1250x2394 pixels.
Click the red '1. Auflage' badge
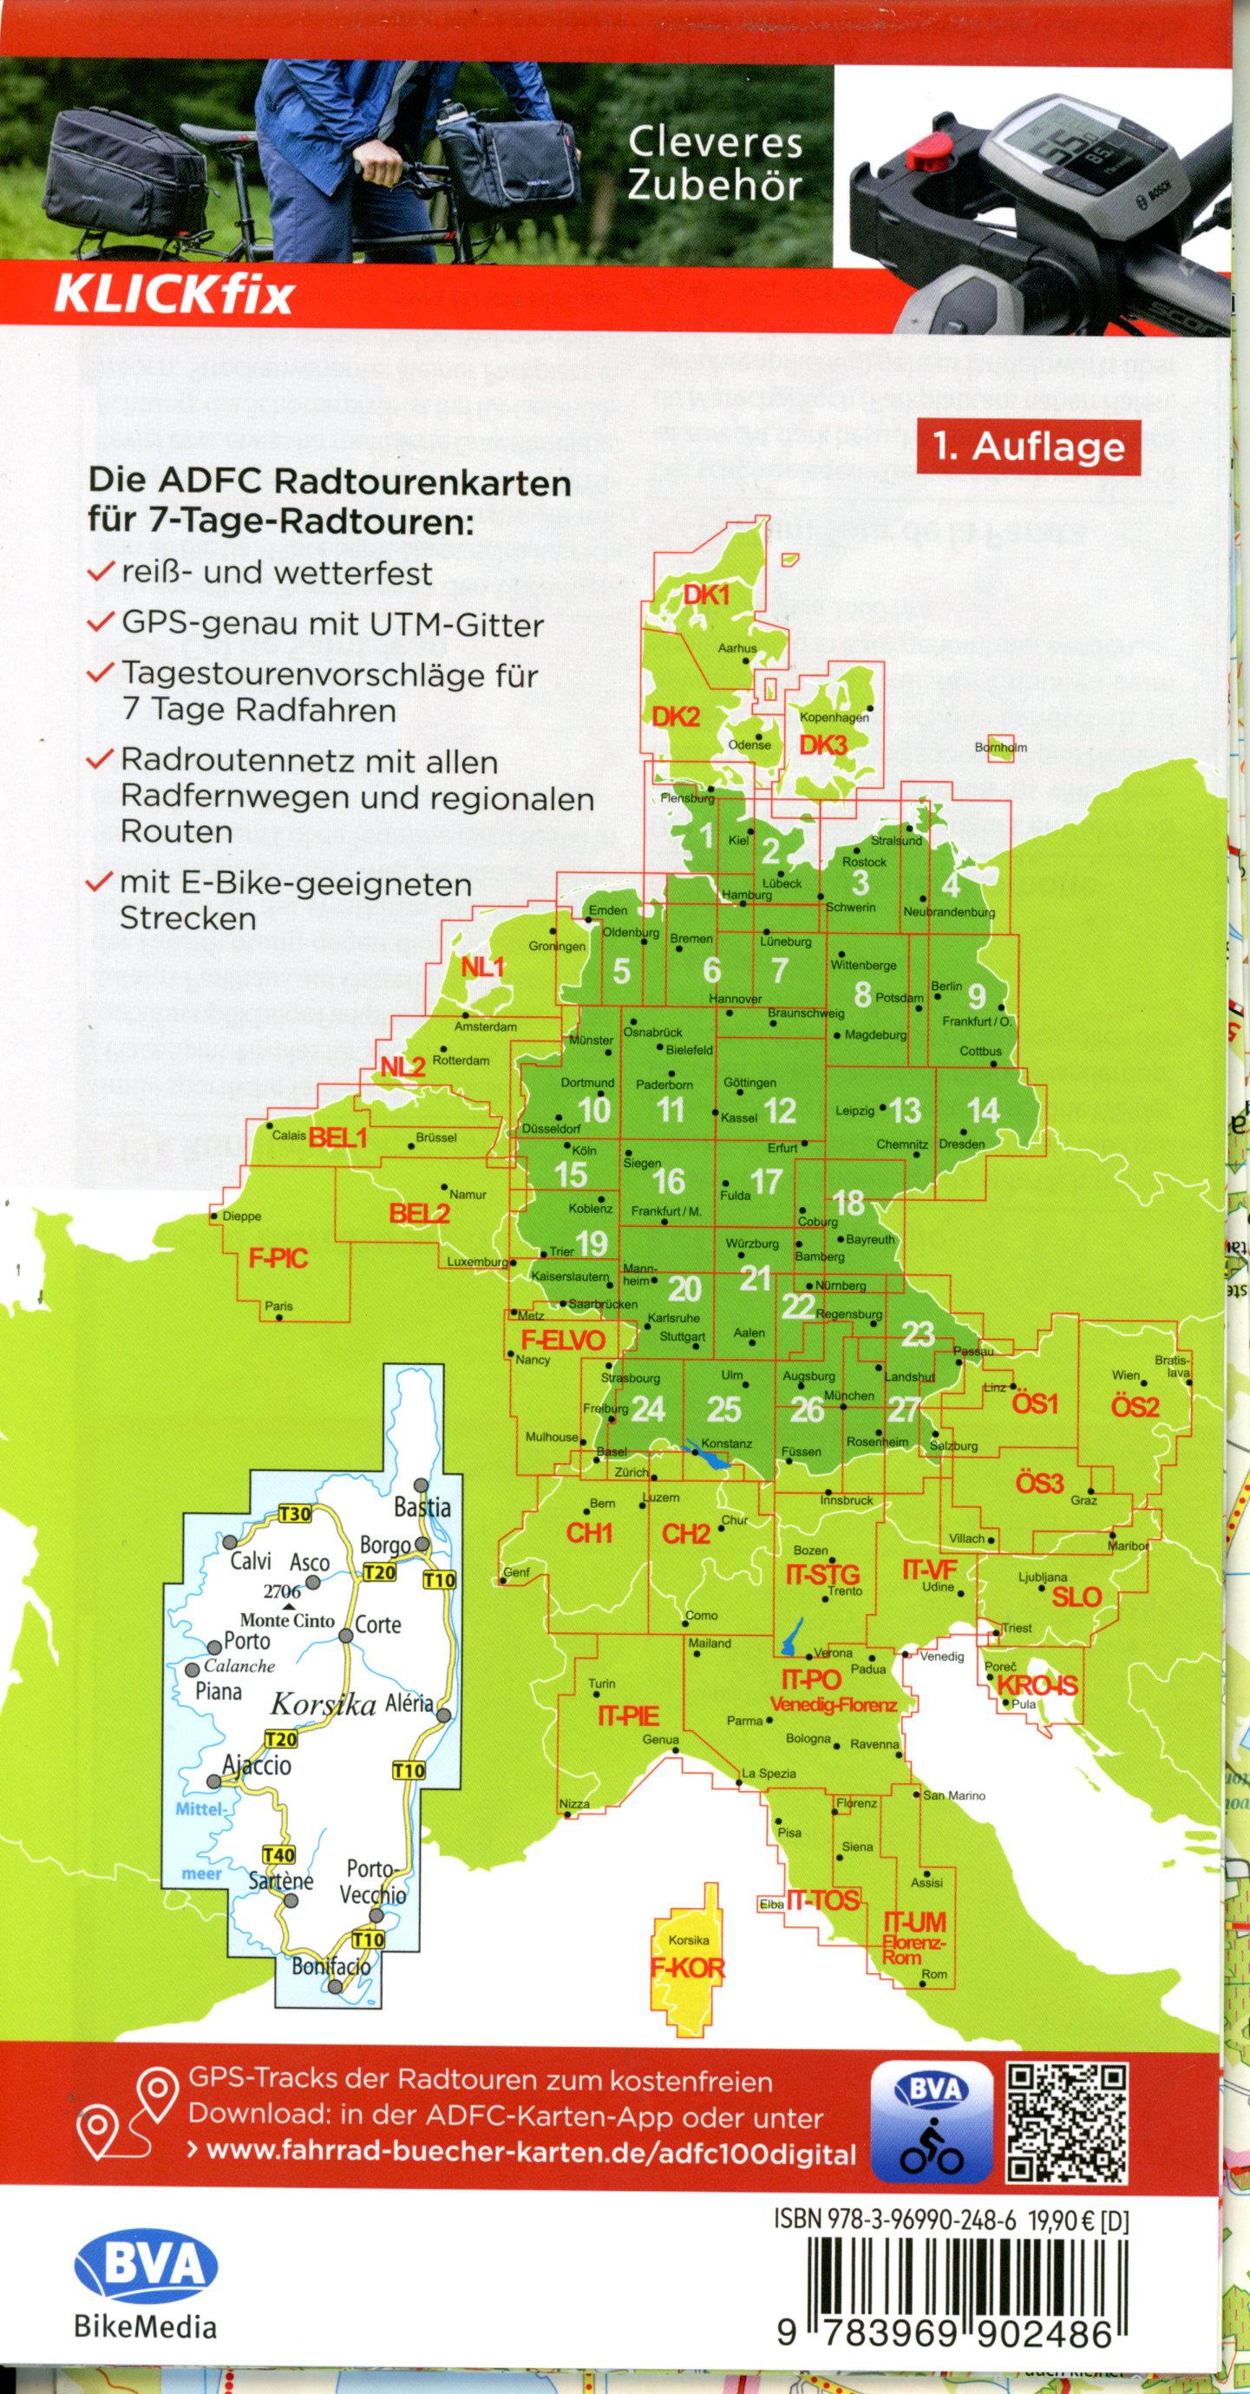coord(1029,447)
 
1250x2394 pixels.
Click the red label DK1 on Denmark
coord(706,594)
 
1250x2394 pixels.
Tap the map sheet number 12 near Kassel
coord(780,1110)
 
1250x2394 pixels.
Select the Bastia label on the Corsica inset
coord(422,1505)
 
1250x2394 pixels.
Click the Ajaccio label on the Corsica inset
coord(258,1765)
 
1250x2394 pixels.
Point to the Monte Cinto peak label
coord(287,1620)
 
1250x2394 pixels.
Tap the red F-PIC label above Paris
coord(278,1259)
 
